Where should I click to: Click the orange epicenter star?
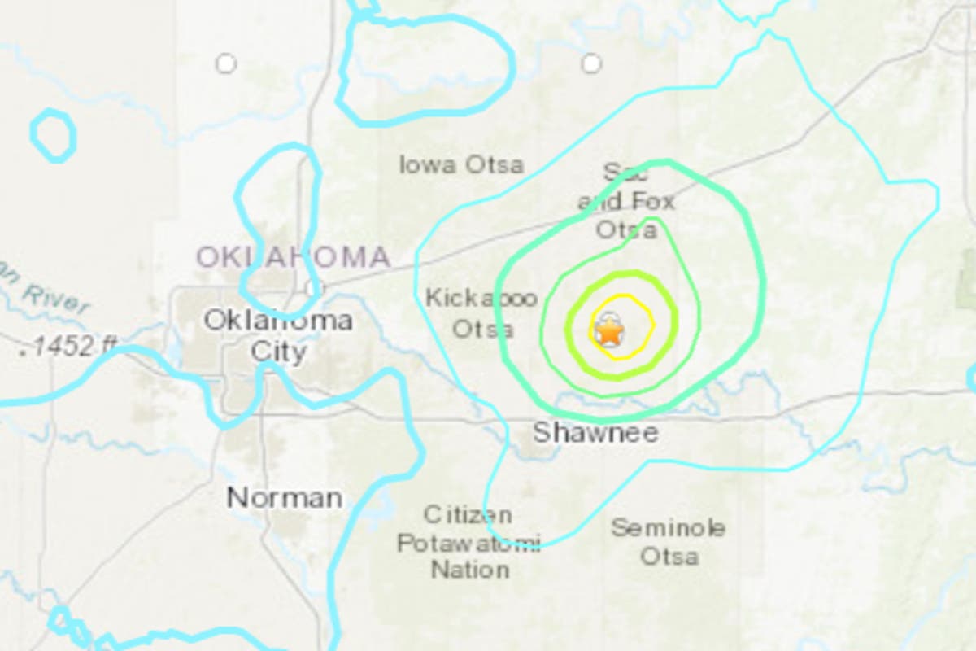(x=608, y=332)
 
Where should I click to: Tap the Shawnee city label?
(x=595, y=433)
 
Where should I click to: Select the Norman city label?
(x=285, y=497)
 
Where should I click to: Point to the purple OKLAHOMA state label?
(x=294, y=258)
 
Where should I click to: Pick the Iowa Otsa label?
(x=461, y=165)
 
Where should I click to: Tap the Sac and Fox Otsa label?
(x=626, y=201)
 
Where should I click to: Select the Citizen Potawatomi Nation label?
(x=468, y=542)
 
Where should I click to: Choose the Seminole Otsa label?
(x=669, y=542)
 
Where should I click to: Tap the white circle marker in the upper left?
(x=225, y=63)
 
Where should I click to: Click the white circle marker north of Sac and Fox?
(x=591, y=63)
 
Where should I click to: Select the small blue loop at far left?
(x=54, y=134)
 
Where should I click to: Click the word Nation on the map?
(x=470, y=570)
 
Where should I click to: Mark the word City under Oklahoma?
(x=278, y=352)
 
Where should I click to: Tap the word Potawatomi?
(x=468, y=543)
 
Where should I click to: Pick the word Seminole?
(x=669, y=527)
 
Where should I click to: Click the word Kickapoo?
(x=481, y=299)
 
